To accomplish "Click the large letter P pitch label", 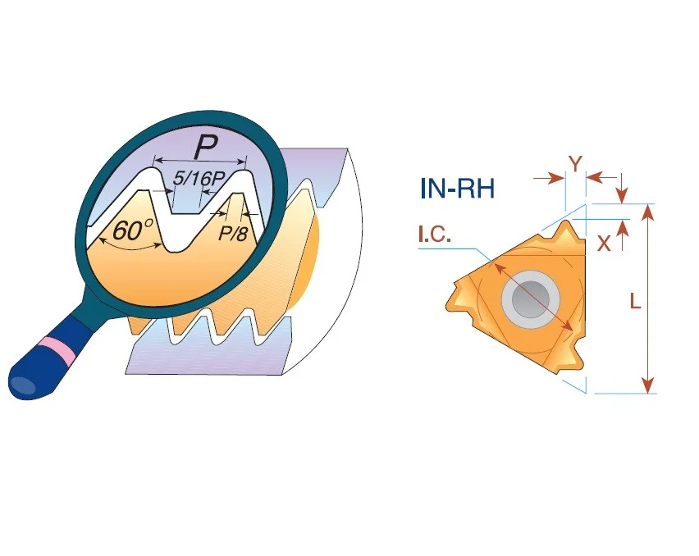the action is click(206, 148).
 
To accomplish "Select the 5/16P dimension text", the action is click(198, 179).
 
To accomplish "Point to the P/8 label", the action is click(232, 234).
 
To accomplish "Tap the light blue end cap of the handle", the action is click(23, 385).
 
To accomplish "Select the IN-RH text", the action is click(457, 189).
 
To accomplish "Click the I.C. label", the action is click(435, 235).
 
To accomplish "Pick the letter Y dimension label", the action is click(575, 164).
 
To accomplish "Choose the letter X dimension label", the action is click(604, 244).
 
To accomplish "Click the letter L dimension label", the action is click(635, 302).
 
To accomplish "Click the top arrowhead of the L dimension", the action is click(649, 212).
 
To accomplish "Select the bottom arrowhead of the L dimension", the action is click(648, 385).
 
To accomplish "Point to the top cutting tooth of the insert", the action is click(569, 231).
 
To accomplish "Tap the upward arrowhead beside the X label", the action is click(624, 229).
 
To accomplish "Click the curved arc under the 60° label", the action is click(130, 248).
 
